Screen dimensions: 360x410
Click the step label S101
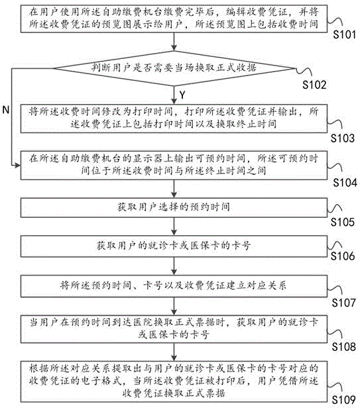tap(344, 34)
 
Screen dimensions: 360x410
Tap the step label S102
tap(314, 85)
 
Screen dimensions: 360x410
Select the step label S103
tap(343, 138)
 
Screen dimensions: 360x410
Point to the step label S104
tap(345, 183)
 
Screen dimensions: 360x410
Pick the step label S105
tap(343, 222)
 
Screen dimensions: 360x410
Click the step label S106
tap(343, 256)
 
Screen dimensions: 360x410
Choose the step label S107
tap(344, 303)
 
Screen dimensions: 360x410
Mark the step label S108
tap(344, 347)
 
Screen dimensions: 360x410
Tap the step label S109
tap(344, 400)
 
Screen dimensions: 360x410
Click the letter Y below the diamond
tap(182, 95)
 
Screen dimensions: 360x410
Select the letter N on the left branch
tap(6, 110)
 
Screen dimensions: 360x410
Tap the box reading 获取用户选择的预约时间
tap(174, 207)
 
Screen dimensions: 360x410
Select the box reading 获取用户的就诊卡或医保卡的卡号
tap(174, 246)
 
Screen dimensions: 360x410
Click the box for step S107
tap(174, 285)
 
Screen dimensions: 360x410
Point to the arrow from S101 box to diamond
tap(174, 42)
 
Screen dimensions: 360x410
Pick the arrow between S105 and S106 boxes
tap(174, 227)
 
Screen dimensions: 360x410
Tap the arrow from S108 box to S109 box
tap(174, 352)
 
